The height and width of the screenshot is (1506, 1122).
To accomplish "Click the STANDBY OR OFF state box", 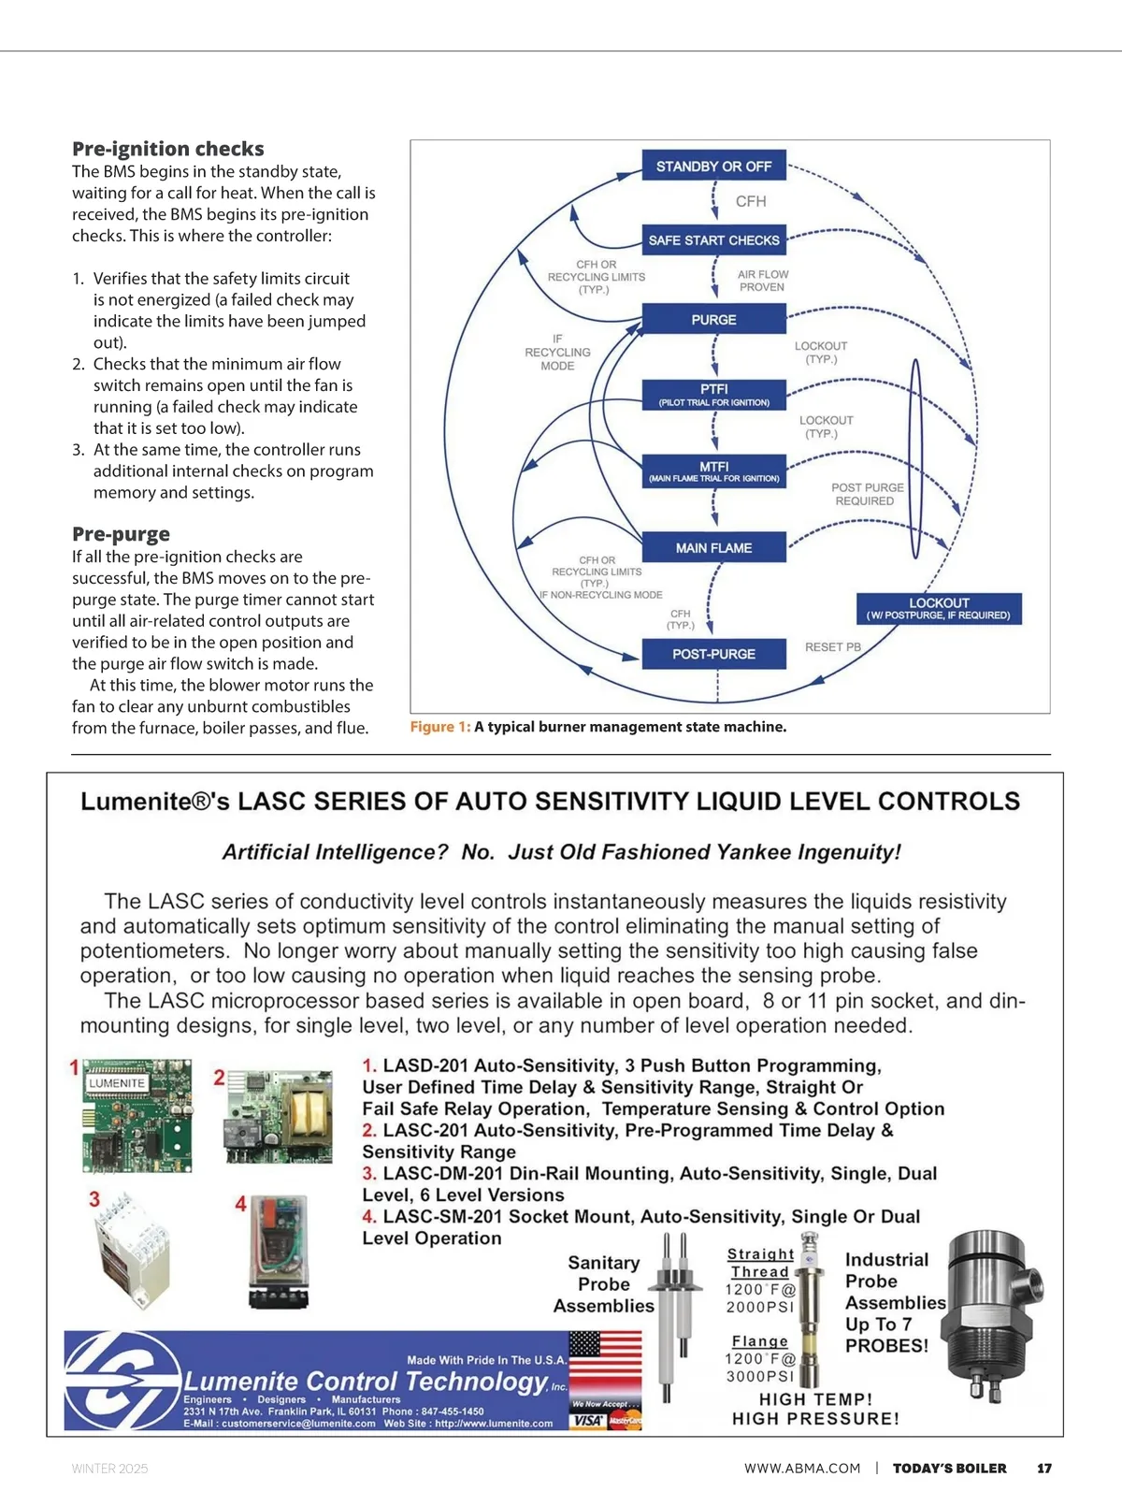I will [x=713, y=166].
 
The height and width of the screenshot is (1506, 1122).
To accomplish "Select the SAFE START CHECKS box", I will [x=713, y=240].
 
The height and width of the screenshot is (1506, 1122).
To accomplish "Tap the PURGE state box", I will [x=713, y=320].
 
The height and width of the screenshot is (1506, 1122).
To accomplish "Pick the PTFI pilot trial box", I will [x=713, y=395].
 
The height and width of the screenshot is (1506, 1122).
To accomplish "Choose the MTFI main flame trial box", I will [x=713, y=471].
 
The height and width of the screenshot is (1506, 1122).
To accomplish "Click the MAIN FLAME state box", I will [x=713, y=548].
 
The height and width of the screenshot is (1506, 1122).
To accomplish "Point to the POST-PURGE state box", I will [x=713, y=654].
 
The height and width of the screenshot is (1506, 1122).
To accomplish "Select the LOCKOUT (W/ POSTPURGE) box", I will [x=938, y=609].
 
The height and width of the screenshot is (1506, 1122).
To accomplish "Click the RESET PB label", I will [x=832, y=647].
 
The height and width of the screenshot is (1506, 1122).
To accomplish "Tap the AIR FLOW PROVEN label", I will [x=762, y=281].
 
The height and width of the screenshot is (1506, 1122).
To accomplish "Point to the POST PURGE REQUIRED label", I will [x=867, y=494].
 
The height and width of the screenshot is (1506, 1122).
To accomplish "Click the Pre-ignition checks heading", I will [x=168, y=149].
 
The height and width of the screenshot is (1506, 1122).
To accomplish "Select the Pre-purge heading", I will [x=121, y=534].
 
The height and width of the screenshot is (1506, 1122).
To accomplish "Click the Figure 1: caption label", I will [x=439, y=727].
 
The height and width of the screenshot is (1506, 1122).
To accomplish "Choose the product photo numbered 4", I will [x=279, y=1251].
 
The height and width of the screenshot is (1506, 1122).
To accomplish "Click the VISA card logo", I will [x=587, y=1420].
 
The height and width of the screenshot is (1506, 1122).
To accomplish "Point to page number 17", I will [x=1044, y=1469].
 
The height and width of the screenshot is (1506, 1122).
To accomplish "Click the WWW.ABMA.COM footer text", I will [x=801, y=1469].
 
